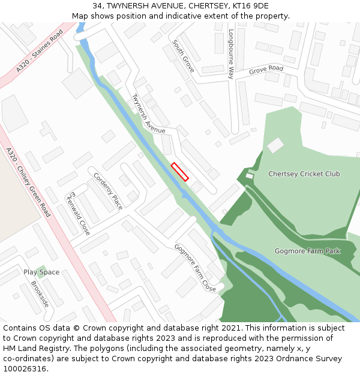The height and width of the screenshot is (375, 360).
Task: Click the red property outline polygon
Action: [179, 172]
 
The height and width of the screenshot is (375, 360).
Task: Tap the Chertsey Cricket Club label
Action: [304, 174]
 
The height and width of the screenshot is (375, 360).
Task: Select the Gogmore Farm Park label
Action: [307, 251]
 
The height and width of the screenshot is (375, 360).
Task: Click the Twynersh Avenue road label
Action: [148, 113]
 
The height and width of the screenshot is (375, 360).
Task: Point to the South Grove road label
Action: [183, 56]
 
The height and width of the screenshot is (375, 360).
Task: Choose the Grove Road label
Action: [266, 70]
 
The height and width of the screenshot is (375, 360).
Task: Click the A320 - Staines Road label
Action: [40, 52]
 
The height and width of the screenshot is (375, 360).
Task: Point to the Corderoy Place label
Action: [109, 191]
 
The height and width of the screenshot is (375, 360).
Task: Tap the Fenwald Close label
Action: [78, 213]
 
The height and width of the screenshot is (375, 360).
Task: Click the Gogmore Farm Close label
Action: [195, 268]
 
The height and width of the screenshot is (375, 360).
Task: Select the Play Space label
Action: [41, 272]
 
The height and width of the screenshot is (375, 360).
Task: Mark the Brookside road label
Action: [40, 295]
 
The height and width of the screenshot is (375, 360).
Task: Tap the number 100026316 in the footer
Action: [24, 368]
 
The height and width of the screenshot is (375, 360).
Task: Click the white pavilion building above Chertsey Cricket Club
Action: [275, 145]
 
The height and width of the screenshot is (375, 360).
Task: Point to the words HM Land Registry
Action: [32, 348]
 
